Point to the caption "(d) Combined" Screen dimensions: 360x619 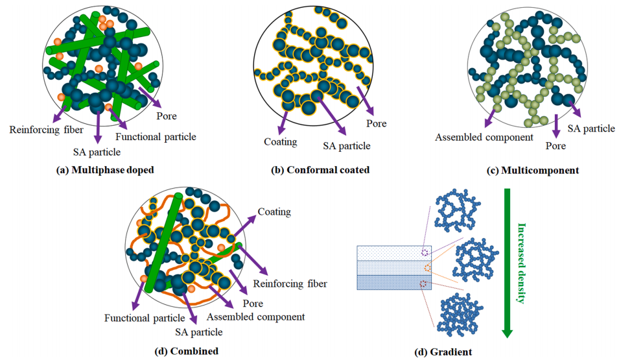pos(186,351)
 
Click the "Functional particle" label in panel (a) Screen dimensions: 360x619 pos(155,137)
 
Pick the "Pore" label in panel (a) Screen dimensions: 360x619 pos(167,117)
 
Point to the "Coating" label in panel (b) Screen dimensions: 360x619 pos(280,142)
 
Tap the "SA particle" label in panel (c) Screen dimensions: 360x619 pos(590,128)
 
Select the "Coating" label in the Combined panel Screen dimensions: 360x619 pos(274,212)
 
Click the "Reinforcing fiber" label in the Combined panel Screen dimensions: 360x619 pos(290,283)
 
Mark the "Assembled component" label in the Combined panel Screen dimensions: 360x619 pos(256,317)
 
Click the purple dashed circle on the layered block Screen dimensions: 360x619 pos(425,252)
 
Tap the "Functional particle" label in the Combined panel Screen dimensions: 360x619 pos(145,318)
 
